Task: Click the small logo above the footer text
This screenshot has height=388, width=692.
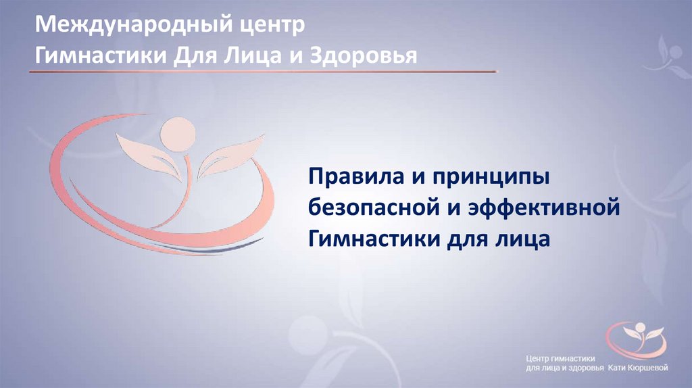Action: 636,338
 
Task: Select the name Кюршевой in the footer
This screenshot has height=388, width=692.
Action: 645,368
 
